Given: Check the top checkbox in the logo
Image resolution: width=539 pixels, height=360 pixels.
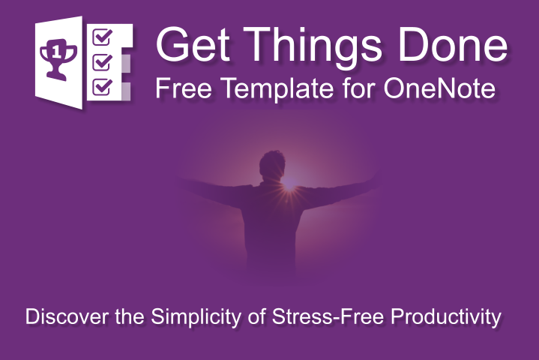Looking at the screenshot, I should [100, 36].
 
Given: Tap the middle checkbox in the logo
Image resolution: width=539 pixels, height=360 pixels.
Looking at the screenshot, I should [100, 61].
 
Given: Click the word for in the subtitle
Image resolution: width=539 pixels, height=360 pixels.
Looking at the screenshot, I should [348, 89].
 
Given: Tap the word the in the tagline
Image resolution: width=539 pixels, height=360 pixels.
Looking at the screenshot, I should [130, 316].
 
